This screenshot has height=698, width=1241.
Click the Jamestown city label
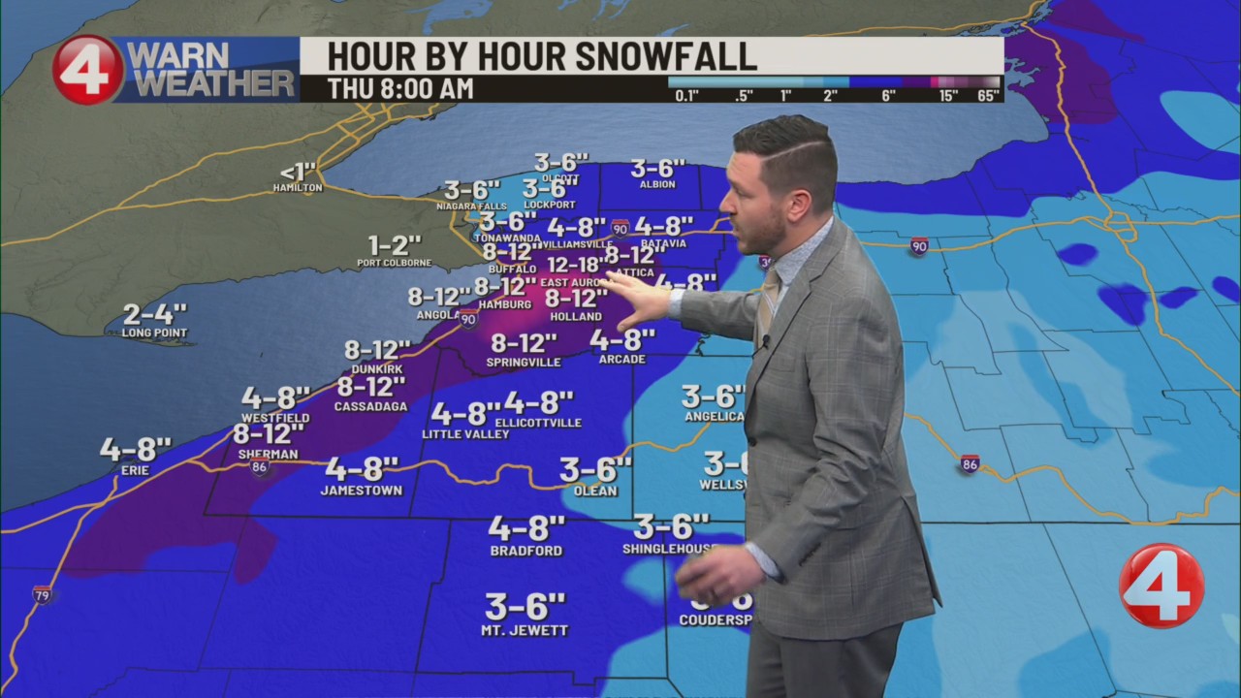[x=361, y=491]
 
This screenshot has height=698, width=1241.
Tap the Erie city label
[x=135, y=471]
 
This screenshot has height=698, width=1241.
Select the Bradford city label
[x=525, y=551]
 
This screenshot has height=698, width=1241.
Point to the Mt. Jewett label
[x=525, y=630]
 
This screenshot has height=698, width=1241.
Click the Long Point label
[x=154, y=333]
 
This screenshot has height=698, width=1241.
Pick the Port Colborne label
[x=395, y=263]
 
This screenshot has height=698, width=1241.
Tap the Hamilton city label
[x=297, y=187]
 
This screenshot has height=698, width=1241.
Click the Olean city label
[x=595, y=491]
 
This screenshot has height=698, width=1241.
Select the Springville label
[x=524, y=363]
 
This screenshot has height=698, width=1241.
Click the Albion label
[x=658, y=184]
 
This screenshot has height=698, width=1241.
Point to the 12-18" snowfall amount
[x=577, y=265]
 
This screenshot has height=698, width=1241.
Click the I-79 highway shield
[x=42, y=594]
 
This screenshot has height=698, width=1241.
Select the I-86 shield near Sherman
[x=260, y=467]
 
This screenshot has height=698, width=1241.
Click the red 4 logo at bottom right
[x=1161, y=585]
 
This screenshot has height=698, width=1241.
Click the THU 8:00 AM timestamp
[x=399, y=88]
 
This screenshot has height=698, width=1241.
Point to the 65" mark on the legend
[x=988, y=95]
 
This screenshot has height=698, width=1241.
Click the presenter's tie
[x=766, y=301]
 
